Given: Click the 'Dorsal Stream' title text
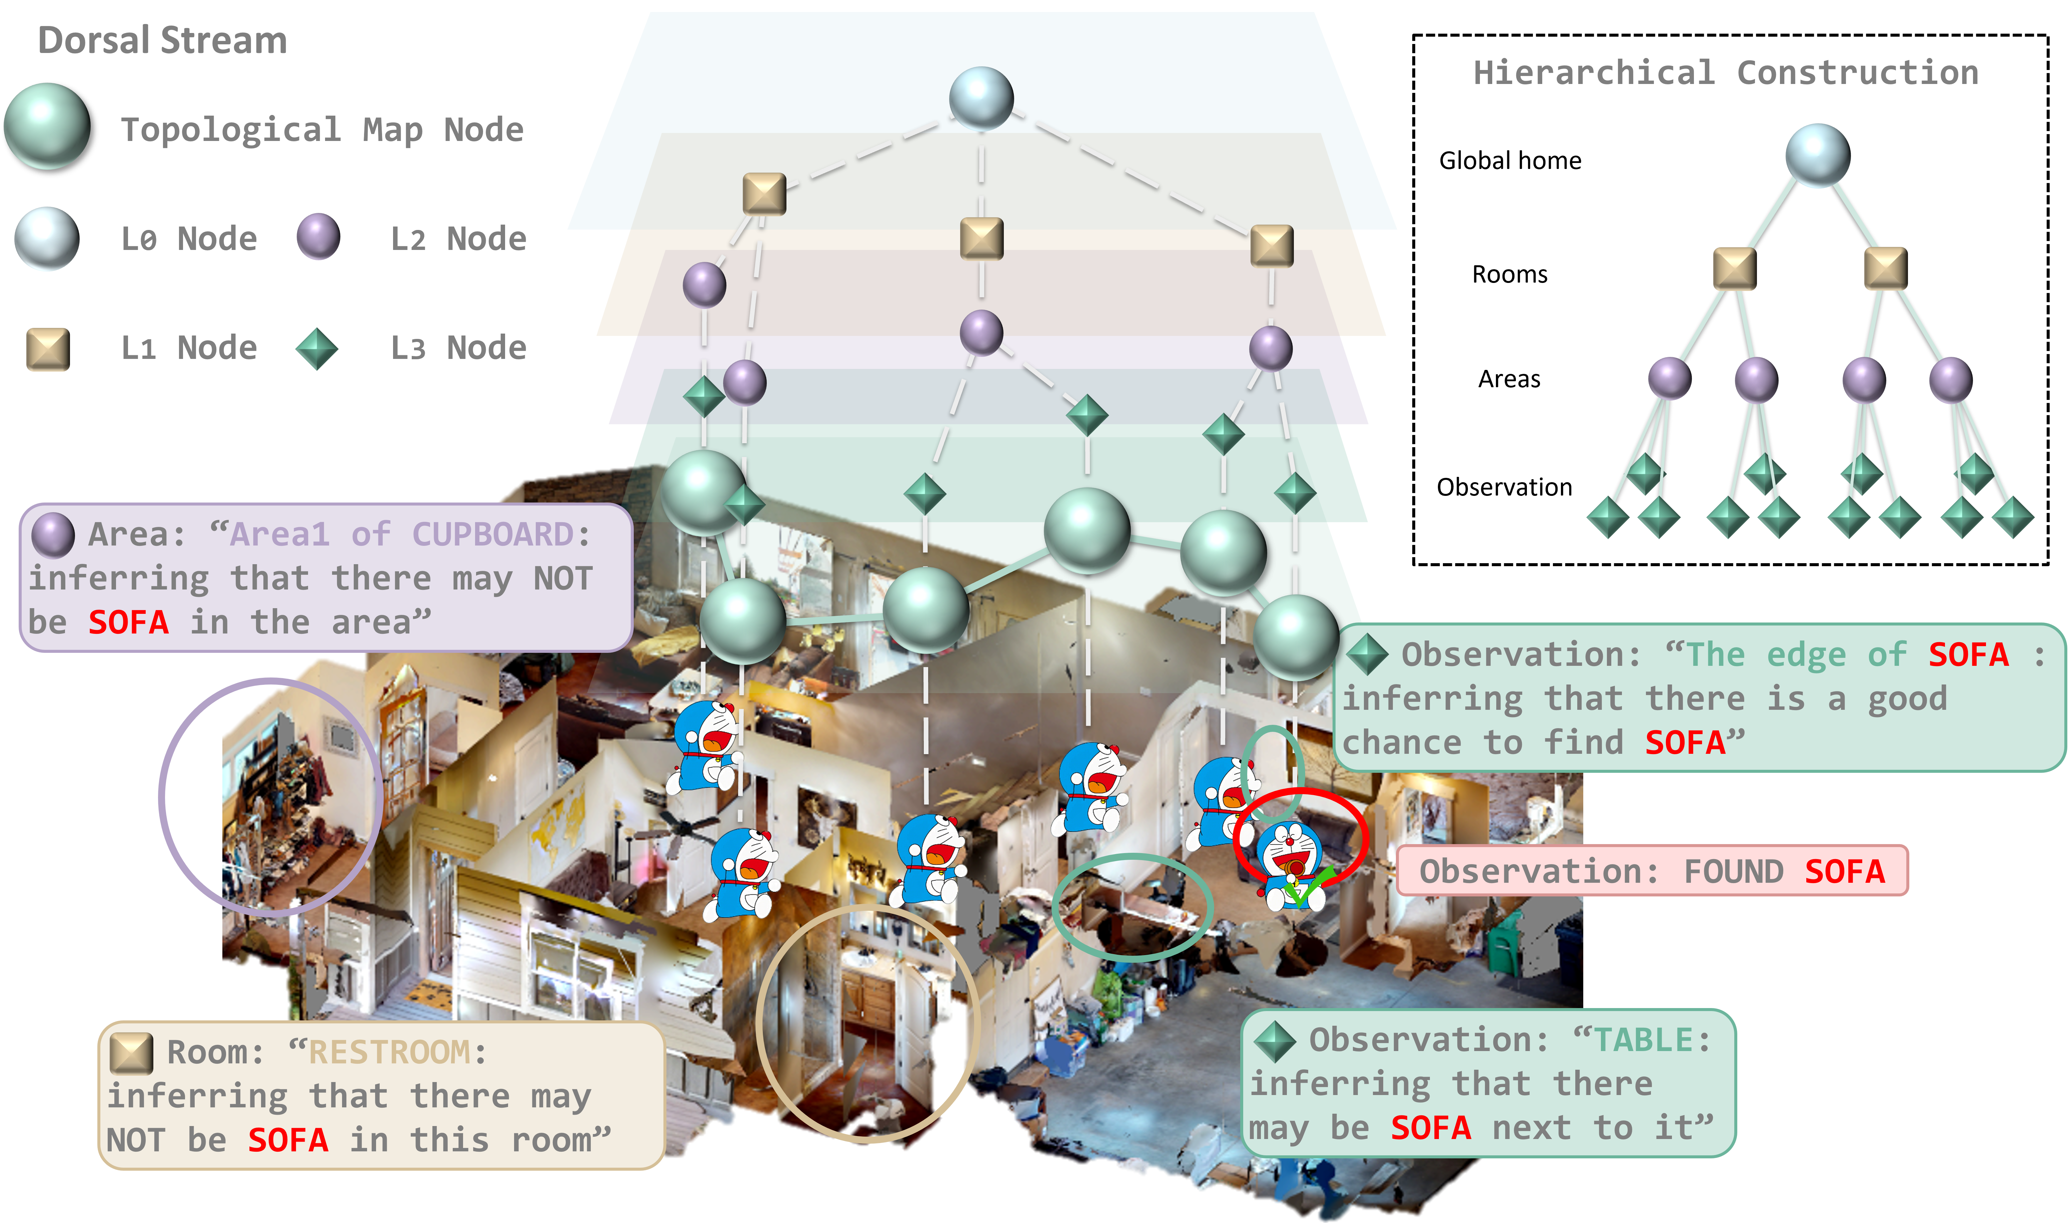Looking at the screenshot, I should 162,40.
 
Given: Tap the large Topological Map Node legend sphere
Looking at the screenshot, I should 47,126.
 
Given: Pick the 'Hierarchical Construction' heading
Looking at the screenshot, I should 1726,73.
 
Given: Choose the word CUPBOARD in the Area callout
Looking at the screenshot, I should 492,534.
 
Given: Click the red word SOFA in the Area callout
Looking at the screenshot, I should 128,622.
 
